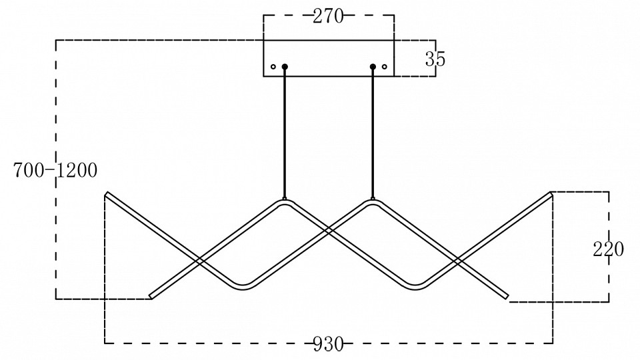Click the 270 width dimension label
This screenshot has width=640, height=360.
coord(328,17)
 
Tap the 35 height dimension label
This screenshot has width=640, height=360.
coord(435,59)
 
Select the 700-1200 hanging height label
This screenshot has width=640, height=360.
coord(55,171)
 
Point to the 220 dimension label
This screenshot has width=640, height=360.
coord(608,249)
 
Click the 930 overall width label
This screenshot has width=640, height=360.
coord(328,344)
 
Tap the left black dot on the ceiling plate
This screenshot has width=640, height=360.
coord(285,67)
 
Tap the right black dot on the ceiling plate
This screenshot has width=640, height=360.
coord(373,67)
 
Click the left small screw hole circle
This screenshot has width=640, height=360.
coord(273,67)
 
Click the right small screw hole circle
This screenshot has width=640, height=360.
coord(385,67)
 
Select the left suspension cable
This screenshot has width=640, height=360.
coord(285,133)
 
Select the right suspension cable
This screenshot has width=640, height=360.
coord(373,133)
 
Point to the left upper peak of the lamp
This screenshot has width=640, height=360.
coord(285,202)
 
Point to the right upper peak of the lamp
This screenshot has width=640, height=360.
coord(373,202)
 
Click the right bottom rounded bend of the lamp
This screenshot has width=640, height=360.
coord(417,287)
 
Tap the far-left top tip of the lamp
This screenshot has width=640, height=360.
coord(107,194)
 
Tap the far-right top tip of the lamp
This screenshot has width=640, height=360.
coord(551,194)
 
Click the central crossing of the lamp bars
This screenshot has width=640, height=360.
coord(329,231)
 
